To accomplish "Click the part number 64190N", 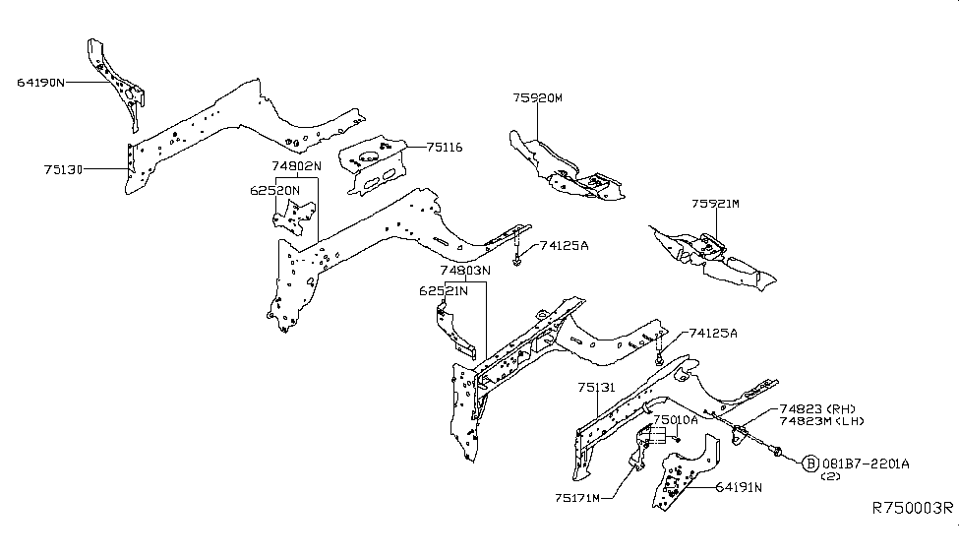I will click(x=40, y=83).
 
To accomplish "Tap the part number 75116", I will click(x=445, y=148).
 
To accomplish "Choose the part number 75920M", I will click(x=537, y=97).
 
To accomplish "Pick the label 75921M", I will click(x=715, y=205).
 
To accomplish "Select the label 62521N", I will click(x=443, y=290).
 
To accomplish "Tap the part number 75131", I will click(x=596, y=388).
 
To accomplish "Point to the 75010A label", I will click(x=676, y=419).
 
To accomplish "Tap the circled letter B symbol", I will click(x=810, y=463).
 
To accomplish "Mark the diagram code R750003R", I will click(x=913, y=508).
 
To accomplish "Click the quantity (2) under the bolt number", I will click(x=832, y=476).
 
